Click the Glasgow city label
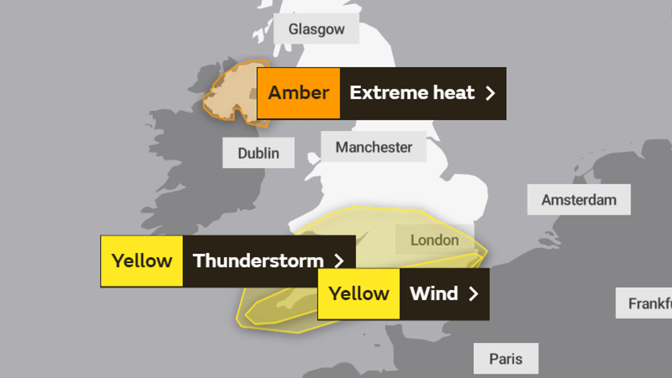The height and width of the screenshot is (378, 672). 316,29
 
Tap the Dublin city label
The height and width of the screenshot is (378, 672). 259,153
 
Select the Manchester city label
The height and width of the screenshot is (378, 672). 373,147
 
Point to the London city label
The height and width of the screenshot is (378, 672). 434,240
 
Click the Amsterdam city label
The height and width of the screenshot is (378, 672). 579,199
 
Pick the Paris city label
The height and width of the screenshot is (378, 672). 506,358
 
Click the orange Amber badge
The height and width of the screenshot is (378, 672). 299,93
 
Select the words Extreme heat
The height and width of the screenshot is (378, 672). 412,93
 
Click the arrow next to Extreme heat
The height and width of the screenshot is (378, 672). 490,93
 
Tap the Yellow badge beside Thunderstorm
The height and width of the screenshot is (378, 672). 142,261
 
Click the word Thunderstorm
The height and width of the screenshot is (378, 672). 258,261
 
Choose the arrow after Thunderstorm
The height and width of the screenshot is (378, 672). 339,261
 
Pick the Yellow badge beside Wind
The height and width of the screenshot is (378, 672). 359,294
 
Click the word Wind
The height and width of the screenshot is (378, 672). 434,293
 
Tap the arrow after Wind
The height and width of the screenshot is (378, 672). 473,294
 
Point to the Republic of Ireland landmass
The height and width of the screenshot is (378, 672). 197,171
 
